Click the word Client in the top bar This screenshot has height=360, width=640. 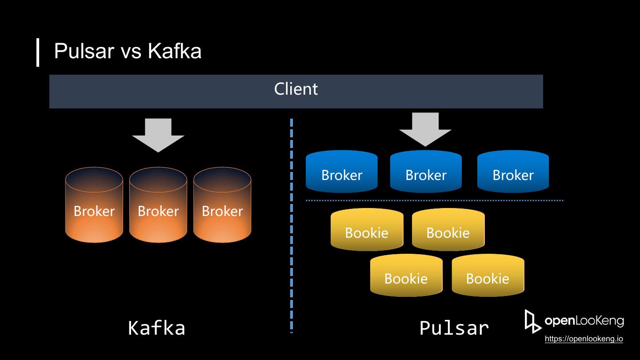(x=296, y=89)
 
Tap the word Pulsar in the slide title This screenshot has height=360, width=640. (x=84, y=51)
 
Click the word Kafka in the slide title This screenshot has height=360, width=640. (x=175, y=51)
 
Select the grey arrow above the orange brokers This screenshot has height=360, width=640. (x=158, y=135)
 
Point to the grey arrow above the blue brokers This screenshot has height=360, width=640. (x=425, y=129)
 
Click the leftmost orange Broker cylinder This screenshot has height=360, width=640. (x=94, y=205)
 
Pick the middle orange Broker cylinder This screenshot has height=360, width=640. (x=158, y=205)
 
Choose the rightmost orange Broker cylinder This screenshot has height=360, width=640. (x=222, y=205)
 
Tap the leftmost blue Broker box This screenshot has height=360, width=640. (x=342, y=172)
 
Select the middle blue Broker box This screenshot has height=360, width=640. (x=426, y=172)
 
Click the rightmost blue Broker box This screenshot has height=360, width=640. (x=513, y=172)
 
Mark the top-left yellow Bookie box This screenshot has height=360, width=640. (x=367, y=230)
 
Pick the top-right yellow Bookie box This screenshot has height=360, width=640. (x=448, y=230)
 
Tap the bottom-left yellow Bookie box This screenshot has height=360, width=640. (x=406, y=276)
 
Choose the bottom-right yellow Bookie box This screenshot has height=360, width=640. (x=488, y=276)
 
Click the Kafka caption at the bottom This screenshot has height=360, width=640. (x=156, y=328)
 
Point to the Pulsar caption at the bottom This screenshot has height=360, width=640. (x=454, y=328)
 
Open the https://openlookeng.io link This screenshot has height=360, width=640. (x=584, y=339)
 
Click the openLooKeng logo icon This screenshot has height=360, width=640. (x=532, y=321)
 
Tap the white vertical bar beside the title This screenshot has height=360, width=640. (x=38, y=52)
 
